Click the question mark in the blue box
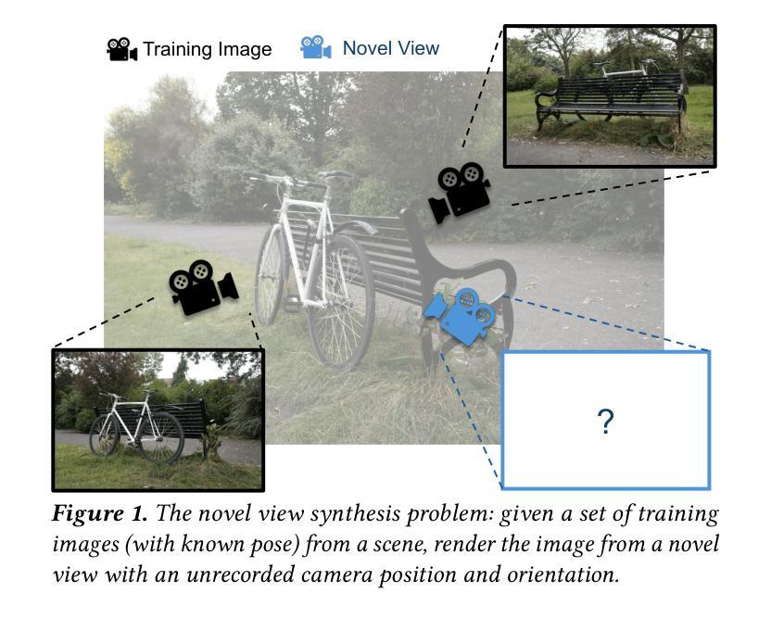click(605, 422)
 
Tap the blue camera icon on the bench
click(462, 316)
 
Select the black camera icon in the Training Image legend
click(121, 50)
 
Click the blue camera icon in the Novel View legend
click(315, 48)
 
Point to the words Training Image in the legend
click(208, 50)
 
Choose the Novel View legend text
click(390, 48)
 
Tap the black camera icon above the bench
click(459, 192)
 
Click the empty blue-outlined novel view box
click(605, 454)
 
